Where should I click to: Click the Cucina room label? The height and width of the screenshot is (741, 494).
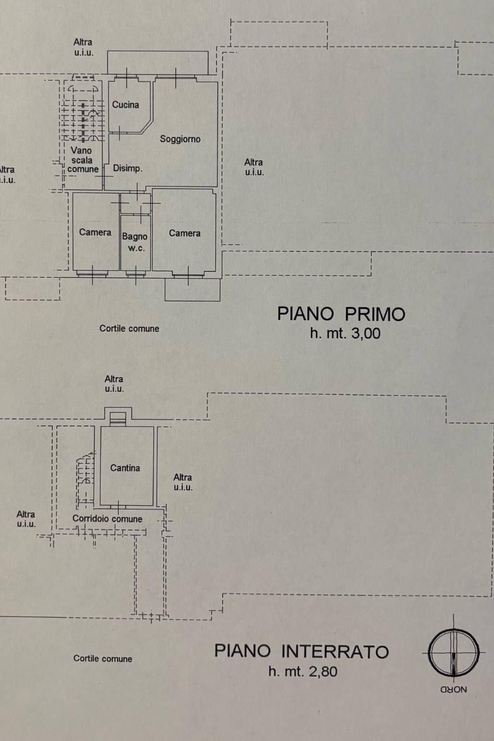[x=125, y=105]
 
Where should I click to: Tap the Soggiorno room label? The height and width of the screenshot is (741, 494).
[x=180, y=139]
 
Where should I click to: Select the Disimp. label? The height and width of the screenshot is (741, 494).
[x=127, y=168]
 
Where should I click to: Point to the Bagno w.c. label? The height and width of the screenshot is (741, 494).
[x=135, y=242]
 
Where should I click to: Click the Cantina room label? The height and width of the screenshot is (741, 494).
[x=125, y=468]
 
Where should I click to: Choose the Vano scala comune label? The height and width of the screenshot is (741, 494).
[x=82, y=160]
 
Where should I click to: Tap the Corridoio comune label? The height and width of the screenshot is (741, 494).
[x=107, y=519]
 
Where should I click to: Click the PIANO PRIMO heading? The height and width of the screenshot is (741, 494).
[x=341, y=314]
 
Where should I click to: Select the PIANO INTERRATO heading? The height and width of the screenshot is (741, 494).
[x=302, y=651]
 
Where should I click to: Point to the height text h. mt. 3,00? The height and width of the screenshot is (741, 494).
[x=345, y=333]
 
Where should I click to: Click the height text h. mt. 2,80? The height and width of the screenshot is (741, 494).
[x=302, y=672]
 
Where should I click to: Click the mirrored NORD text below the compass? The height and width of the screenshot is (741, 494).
[x=453, y=690]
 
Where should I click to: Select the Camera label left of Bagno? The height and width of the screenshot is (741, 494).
[x=95, y=233]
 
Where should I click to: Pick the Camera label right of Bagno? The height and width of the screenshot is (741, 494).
[x=184, y=233]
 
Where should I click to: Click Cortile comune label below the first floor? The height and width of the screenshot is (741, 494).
[x=129, y=329]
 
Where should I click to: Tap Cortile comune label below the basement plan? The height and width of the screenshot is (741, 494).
[x=103, y=659]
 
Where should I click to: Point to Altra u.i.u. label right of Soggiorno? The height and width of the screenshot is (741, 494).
[x=254, y=167]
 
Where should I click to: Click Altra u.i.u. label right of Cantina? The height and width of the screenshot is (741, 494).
[x=183, y=482]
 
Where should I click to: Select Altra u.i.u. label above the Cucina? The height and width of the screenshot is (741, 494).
[x=83, y=47]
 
